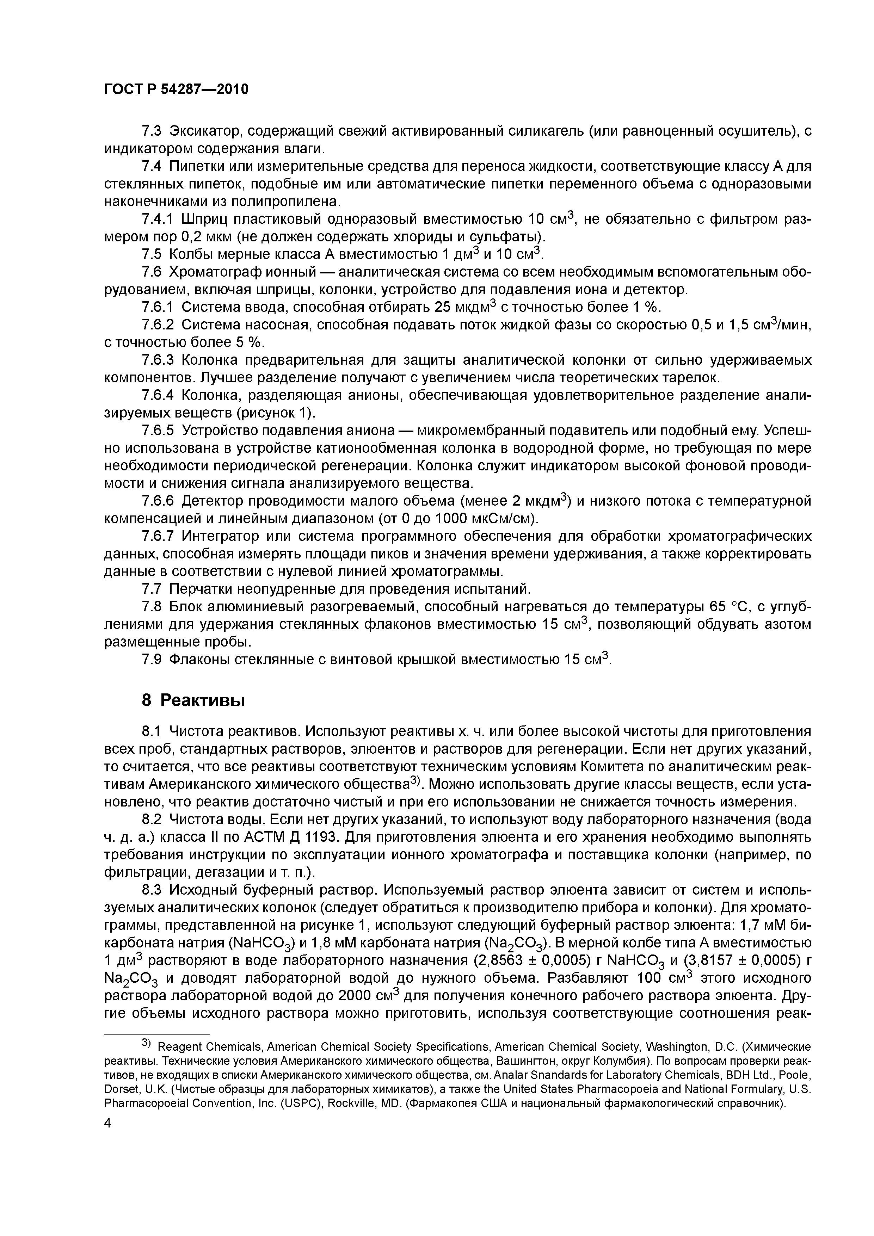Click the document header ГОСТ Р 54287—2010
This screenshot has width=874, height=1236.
click(x=176, y=89)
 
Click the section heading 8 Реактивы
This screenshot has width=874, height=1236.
click(x=193, y=700)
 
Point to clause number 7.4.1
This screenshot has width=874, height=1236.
click(x=158, y=220)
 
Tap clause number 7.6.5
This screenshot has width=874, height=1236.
click(x=158, y=431)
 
